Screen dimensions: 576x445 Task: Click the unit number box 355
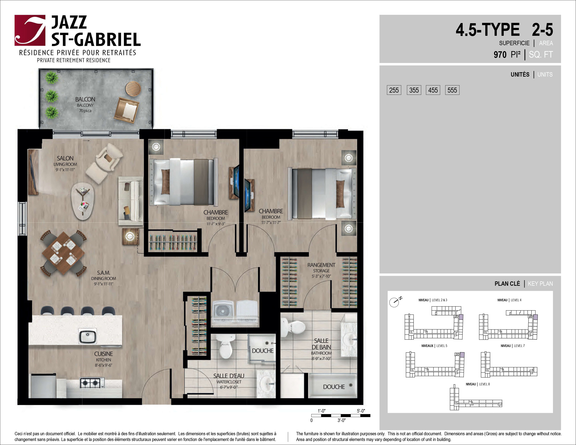414,90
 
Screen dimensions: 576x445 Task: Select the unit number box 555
452,90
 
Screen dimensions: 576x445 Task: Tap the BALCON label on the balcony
85,99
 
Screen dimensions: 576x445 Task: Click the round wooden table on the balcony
133,89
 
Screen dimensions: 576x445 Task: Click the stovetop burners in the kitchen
92,383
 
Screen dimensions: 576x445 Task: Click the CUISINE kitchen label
103,354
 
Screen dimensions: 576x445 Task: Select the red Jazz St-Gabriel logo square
30,30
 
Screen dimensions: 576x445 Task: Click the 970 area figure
500,55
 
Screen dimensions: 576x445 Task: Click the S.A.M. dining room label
103,273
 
